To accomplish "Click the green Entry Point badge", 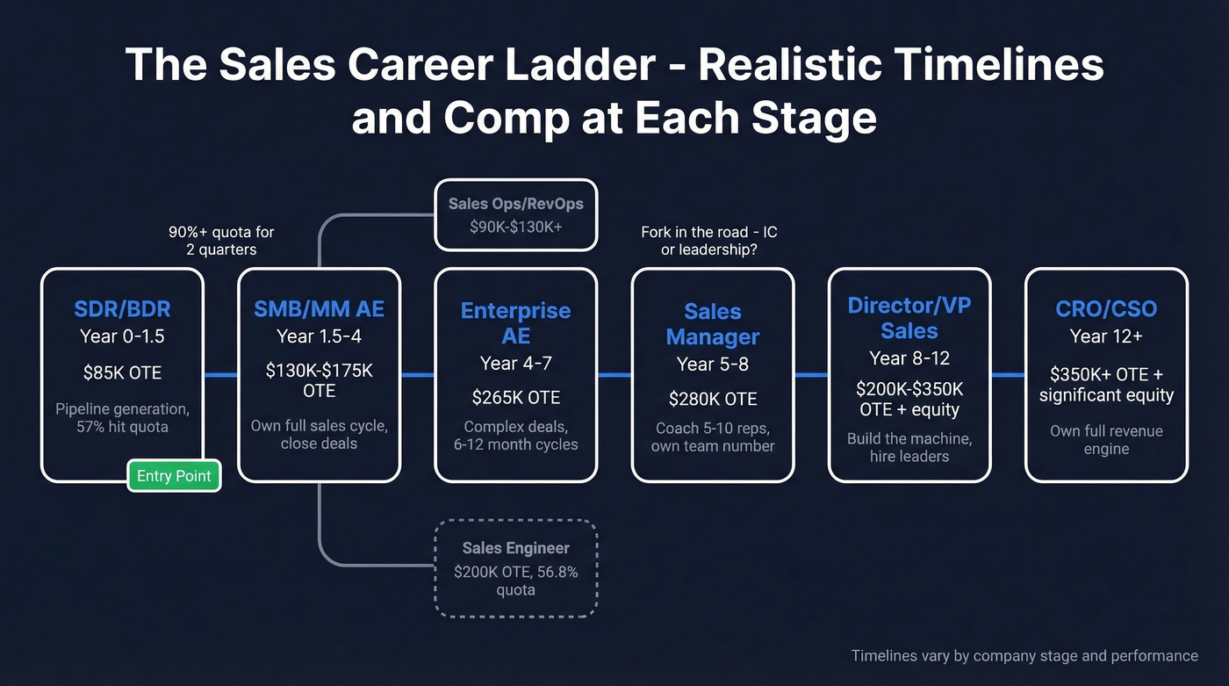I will pos(174,476).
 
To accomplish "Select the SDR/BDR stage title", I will pos(122,309).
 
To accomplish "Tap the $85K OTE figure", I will pos(122,372).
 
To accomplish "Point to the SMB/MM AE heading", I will pos(319,309).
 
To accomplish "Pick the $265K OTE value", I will pos(515,397).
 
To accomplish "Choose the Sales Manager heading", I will pos(712,323).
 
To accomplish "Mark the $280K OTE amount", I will pos(712,399).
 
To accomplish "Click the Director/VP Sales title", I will pos(909,318).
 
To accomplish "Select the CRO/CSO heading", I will pos(1105,309).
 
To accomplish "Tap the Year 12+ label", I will pos(1105,336).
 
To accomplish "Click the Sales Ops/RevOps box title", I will pos(515,204).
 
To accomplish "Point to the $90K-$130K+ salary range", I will pos(515,227).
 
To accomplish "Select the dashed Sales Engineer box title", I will pos(515,548).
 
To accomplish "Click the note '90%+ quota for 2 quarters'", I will pos(221,242).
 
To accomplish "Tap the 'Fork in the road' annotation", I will pos(708,242).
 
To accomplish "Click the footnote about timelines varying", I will pos(1024,655).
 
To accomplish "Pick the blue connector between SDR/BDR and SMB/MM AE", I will pos(220,375).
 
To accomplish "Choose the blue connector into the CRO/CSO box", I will pos(1008,375).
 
